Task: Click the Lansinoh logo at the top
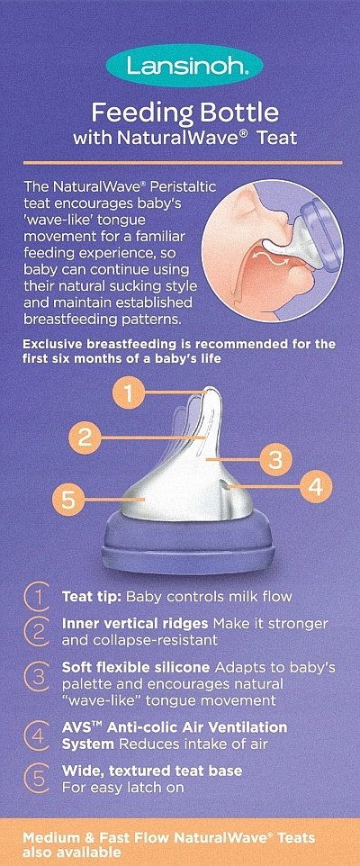pyautogui.click(x=184, y=66)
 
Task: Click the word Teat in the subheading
pyautogui.click(x=279, y=137)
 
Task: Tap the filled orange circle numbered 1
pyautogui.click(x=128, y=394)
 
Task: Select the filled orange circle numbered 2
pyautogui.click(x=85, y=438)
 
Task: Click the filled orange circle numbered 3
pyautogui.click(x=276, y=459)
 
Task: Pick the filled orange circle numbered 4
pyautogui.click(x=316, y=486)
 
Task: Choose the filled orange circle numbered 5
pyautogui.click(x=67, y=500)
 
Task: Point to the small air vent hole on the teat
pyautogui.click(x=223, y=484)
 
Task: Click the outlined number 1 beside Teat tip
pyautogui.click(x=35, y=597)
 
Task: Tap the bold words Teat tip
pyautogui.click(x=93, y=597)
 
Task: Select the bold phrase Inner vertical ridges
pyautogui.click(x=135, y=624)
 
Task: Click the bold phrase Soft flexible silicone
pyautogui.click(x=136, y=667)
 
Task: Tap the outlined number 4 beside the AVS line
pyautogui.click(x=35, y=735)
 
